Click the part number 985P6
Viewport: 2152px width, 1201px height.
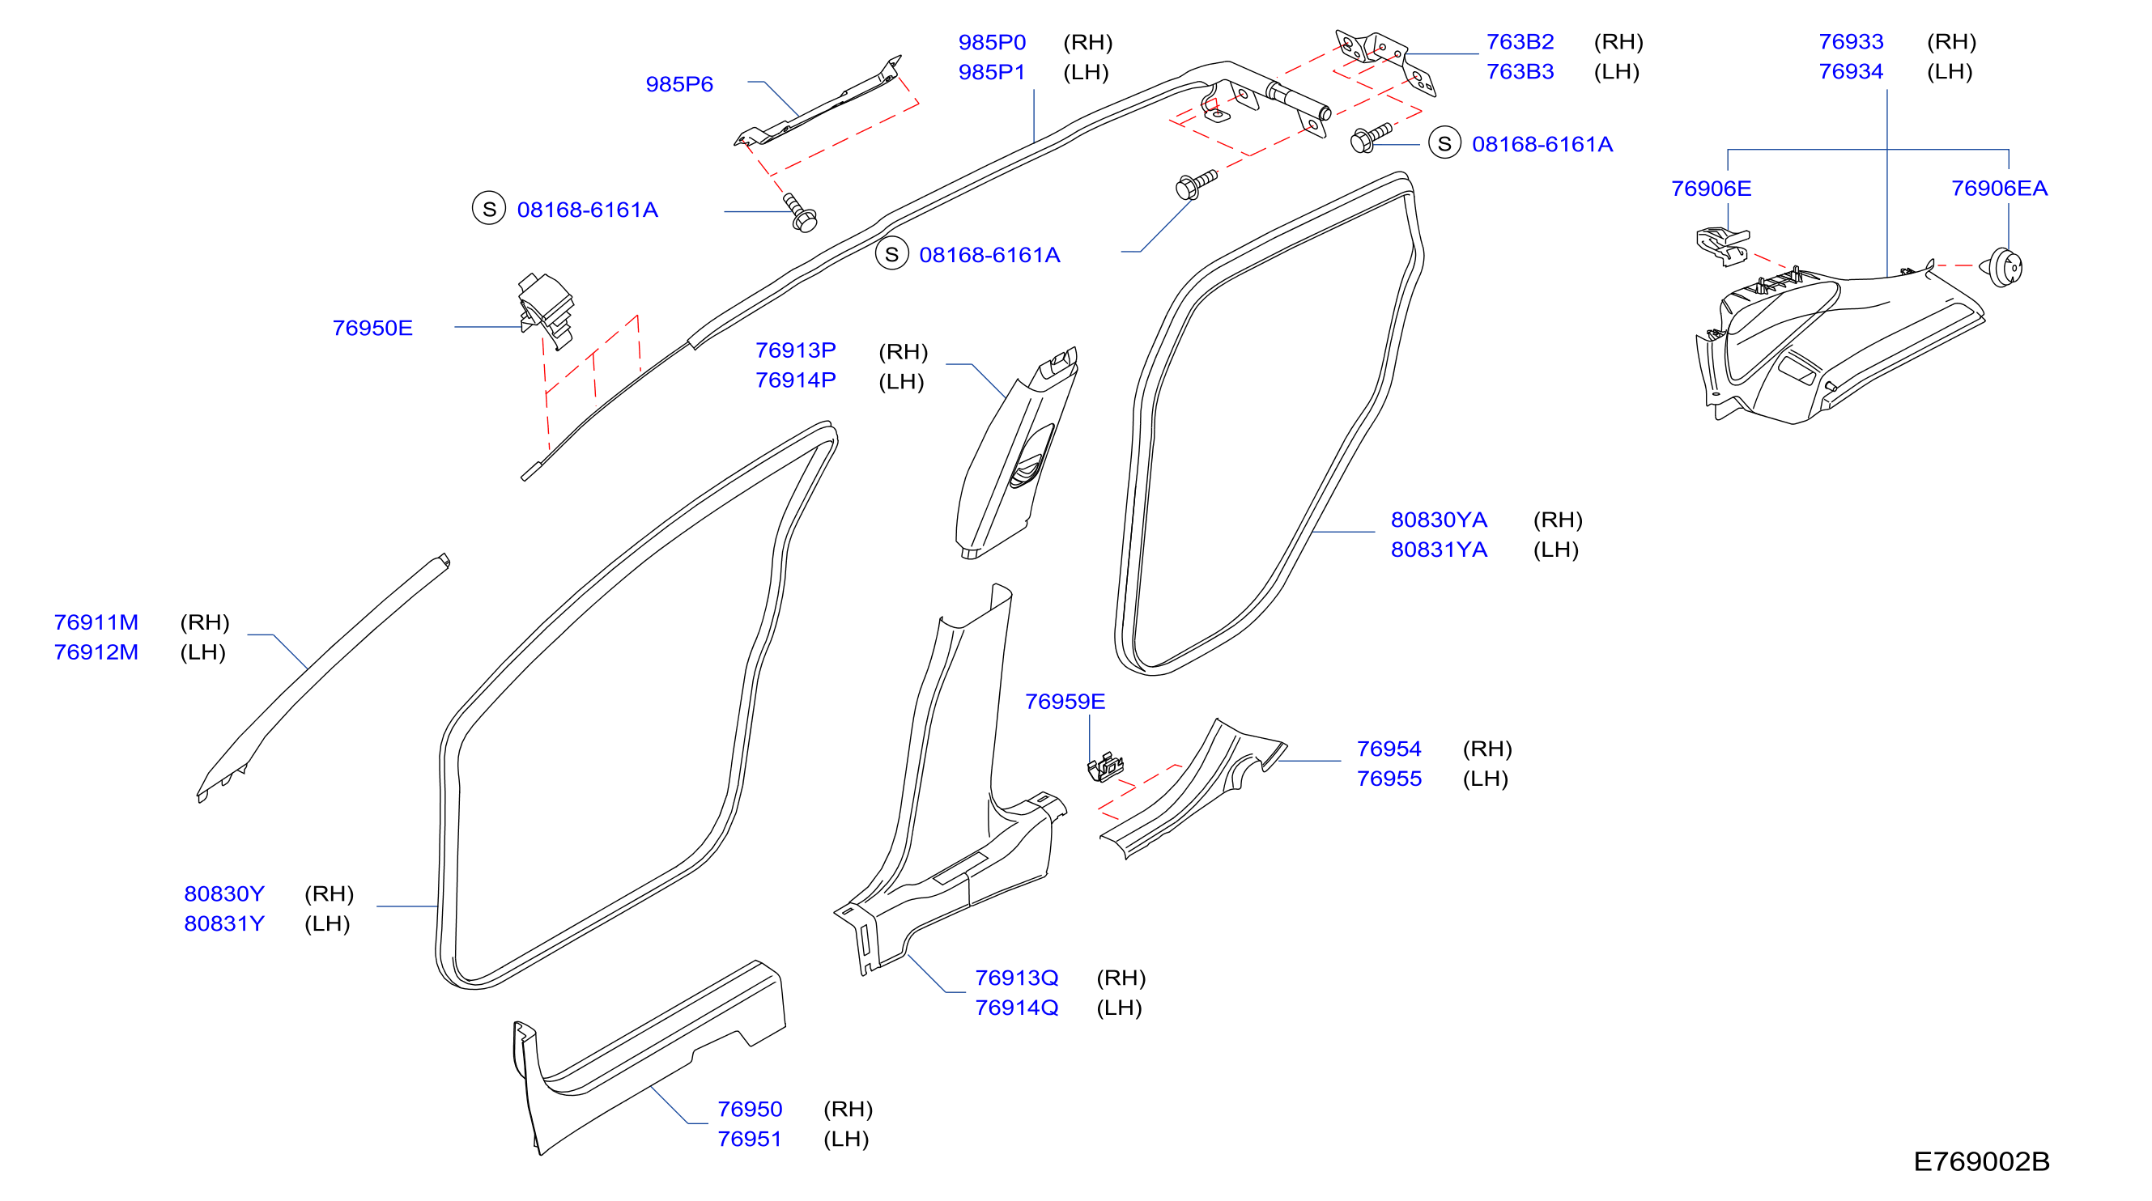click(x=679, y=84)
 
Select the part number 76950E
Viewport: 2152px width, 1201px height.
click(x=372, y=329)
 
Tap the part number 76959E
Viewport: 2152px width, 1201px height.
click(x=1065, y=702)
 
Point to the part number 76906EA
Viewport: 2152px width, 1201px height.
click(x=1999, y=189)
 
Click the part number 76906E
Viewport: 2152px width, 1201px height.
click(x=1711, y=189)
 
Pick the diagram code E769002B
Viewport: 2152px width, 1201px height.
click(x=1982, y=1161)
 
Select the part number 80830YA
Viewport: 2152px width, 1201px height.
click(x=1439, y=520)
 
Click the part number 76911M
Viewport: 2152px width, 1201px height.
click(x=96, y=623)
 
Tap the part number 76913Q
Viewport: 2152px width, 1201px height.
click(x=1017, y=978)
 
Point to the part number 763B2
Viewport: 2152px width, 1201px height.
click(x=1520, y=42)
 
